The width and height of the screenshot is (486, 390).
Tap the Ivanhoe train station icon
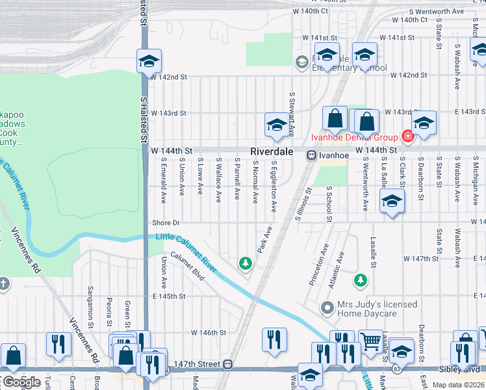pyautogui.click(x=312, y=155)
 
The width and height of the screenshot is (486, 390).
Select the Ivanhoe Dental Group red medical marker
pyautogui.click(x=407, y=136)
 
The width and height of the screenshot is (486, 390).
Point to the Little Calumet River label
pyautogui.click(x=186, y=248)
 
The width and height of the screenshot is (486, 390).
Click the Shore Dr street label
pyautogui.click(x=166, y=222)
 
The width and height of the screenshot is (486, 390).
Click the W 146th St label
pyautogui.click(x=209, y=332)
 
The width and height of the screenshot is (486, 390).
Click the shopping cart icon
pyautogui.click(x=370, y=339)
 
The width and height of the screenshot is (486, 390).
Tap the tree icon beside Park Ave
pyautogui.click(x=246, y=263)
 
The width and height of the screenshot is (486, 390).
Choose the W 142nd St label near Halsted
pyautogui.click(x=169, y=77)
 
